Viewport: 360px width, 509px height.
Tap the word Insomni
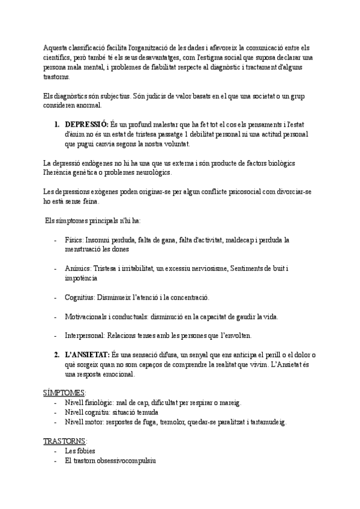[x=103, y=239]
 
